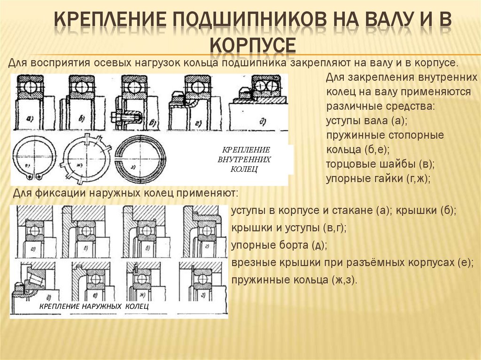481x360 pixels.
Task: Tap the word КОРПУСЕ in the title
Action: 252,45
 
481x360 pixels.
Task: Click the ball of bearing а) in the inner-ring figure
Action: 30,87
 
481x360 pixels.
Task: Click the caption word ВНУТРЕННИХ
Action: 245,159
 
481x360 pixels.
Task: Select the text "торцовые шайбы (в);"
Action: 380,164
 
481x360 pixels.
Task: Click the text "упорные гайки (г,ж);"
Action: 378,179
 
